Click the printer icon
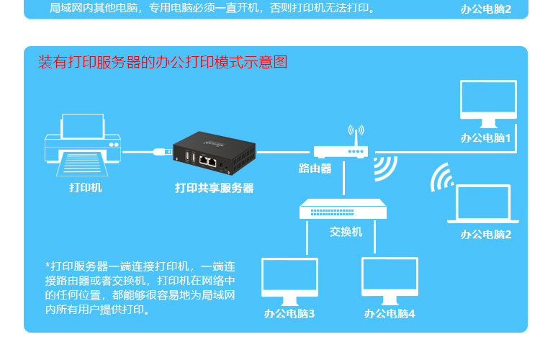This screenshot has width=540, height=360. (82, 145)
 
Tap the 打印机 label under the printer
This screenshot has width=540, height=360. (85, 188)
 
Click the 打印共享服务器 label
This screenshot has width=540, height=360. (215, 188)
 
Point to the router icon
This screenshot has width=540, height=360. (341, 150)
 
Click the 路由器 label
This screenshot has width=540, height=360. (315, 169)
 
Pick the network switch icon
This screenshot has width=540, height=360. (343, 210)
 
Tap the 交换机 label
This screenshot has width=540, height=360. (346, 232)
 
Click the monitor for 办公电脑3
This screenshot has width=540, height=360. (289, 281)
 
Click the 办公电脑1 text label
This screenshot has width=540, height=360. (486, 138)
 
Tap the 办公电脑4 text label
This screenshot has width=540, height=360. (390, 313)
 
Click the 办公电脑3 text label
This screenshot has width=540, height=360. (289, 313)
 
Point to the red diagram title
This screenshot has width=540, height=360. (163, 63)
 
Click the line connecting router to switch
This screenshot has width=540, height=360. (343, 179)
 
